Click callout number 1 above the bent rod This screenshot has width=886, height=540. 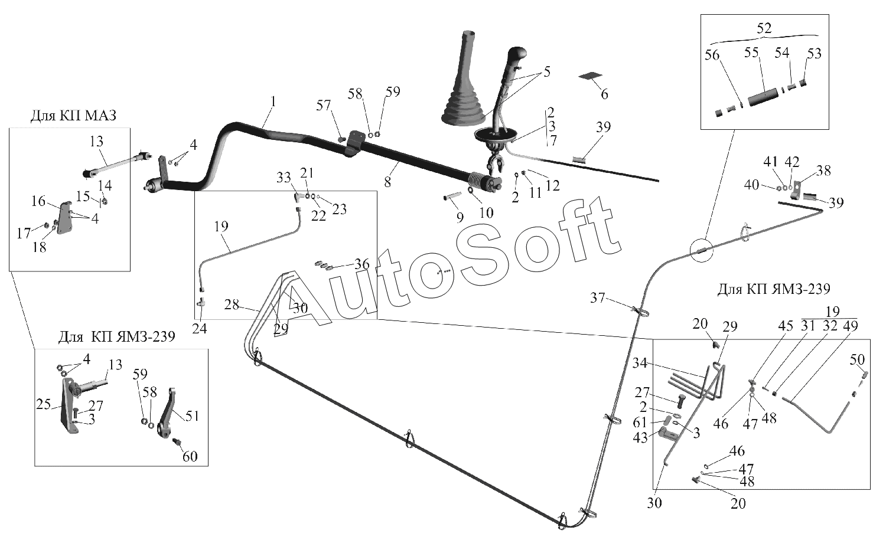click(x=272, y=101)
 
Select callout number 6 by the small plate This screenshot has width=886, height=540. click(x=604, y=93)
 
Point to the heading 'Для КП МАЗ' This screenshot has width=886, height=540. click(x=73, y=115)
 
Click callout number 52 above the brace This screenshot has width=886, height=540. click(x=764, y=29)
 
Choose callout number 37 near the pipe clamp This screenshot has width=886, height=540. click(x=598, y=297)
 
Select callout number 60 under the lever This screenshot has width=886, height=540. click(x=190, y=456)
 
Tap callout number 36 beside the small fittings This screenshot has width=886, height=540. click(x=361, y=263)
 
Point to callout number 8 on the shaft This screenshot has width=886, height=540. click(x=387, y=182)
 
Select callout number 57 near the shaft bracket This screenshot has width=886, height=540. click(x=324, y=106)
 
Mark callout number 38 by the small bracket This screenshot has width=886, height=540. click(x=823, y=171)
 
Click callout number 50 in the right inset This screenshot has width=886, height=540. click(x=857, y=359)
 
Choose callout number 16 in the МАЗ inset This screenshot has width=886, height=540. click(x=38, y=201)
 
